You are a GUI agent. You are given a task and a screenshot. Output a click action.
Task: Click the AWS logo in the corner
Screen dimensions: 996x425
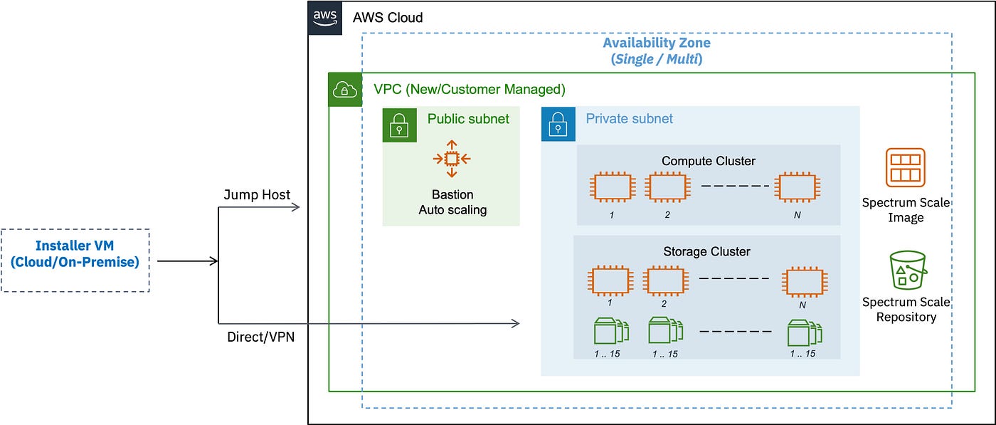pyautogui.click(x=325, y=18)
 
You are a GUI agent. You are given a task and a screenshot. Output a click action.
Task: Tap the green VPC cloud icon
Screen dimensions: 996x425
pyautogui.click(x=345, y=90)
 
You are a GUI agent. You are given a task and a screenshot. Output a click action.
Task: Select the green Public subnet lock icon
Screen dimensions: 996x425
pyautogui.click(x=399, y=125)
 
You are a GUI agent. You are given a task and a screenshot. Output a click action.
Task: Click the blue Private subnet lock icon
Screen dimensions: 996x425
pyautogui.click(x=558, y=124)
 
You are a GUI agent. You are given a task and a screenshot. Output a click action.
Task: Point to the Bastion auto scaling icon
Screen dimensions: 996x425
pyautogui.click(x=452, y=159)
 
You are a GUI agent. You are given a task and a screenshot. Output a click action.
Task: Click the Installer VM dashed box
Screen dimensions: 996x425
pyautogui.click(x=75, y=261)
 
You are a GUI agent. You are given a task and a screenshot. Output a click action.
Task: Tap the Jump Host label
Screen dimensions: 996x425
pyautogui.click(x=257, y=194)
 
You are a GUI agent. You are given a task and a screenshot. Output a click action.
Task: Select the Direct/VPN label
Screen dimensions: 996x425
pyautogui.click(x=260, y=337)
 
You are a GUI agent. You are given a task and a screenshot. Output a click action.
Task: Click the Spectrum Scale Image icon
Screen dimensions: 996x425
pyautogui.click(x=905, y=167)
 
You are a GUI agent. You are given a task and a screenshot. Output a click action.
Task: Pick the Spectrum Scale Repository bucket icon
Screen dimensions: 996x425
pyautogui.click(x=908, y=270)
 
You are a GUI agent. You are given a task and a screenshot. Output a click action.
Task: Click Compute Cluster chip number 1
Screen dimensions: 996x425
pyautogui.click(x=613, y=187)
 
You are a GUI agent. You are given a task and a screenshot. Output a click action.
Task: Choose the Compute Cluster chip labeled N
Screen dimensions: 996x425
pyautogui.click(x=798, y=187)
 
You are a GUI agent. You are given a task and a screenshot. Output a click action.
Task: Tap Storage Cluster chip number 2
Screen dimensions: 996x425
pyautogui.click(x=666, y=281)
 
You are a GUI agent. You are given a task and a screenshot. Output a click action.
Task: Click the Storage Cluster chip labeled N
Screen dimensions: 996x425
pyautogui.click(x=805, y=282)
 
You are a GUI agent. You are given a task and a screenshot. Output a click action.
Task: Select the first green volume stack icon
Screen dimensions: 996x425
pyautogui.click(x=611, y=330)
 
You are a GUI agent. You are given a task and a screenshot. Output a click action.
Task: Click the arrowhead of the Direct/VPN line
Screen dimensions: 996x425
pyautogui.click(x=516, y=323)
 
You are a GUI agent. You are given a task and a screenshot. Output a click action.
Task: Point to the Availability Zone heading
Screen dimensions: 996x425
pyautogui.click(x=657, y=51)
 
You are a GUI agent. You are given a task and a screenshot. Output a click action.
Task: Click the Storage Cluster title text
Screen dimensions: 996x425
pyautogui.click(x=706, y=251)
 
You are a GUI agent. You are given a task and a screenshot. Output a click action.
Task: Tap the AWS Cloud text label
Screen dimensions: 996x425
pyautogui.click(x=388, y=18)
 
